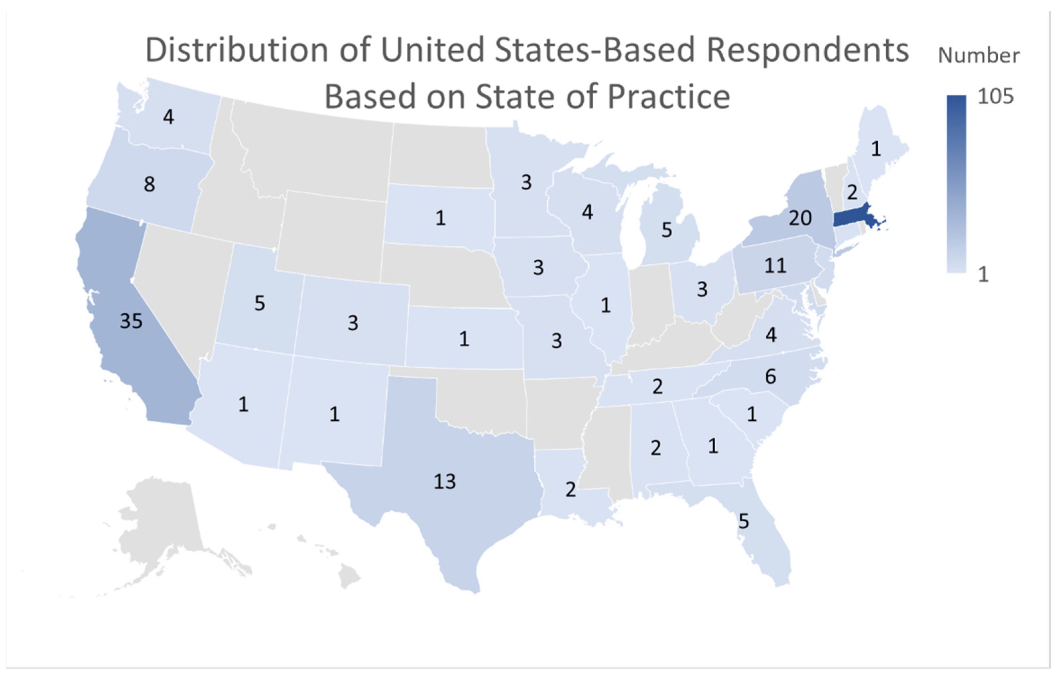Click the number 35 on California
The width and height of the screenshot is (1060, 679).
point(131,321)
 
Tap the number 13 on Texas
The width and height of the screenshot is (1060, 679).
point(444,481)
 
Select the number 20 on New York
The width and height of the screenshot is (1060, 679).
point(800,218)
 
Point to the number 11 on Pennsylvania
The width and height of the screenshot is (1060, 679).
point(775,265)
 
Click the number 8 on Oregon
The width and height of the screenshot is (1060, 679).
point(149,184)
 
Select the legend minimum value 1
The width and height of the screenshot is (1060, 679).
point(983,275)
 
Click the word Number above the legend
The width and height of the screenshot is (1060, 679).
point(979,56)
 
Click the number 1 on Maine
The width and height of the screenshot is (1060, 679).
point(876,149)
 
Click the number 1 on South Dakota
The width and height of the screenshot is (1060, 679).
point(440,218)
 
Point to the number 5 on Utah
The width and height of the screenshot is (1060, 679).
point(260,303)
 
